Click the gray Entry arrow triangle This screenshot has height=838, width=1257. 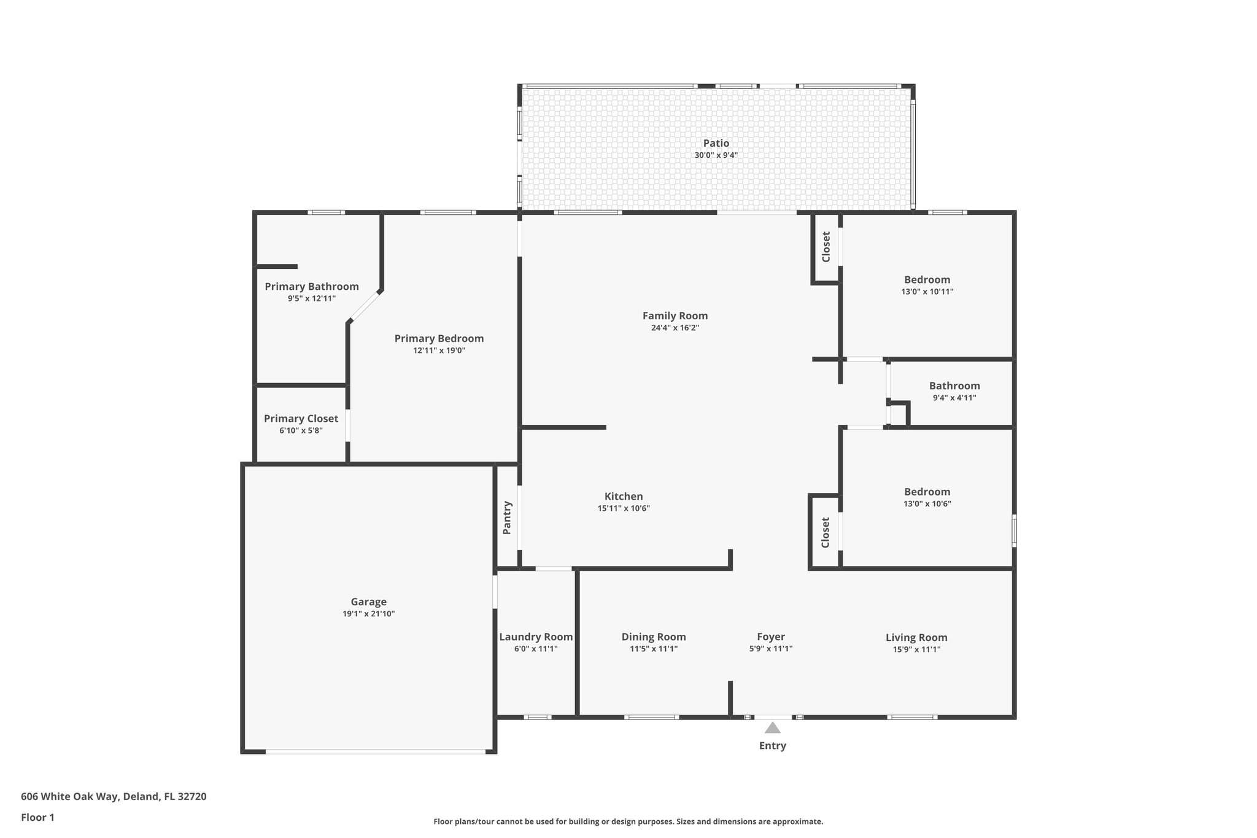[772, 728]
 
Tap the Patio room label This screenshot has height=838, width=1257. [716, 144]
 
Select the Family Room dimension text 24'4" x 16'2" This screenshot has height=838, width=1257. [675, 328]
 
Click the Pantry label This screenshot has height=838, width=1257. [508, 518]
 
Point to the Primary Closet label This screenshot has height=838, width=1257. [301, 419]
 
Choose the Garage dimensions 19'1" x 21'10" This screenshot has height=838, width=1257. [368, 613]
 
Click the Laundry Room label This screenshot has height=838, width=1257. [536, 637]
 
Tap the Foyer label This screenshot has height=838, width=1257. [770, 637]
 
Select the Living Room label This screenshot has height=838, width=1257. [916, 638]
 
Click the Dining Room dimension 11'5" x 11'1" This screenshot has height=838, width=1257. [654, 649]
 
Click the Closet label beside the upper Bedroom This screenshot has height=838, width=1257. [826, 246]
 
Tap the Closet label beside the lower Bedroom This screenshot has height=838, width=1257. [826, 532]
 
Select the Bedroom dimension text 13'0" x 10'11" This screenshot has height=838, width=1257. [927, 292]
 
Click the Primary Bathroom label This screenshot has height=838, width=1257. [312, 287]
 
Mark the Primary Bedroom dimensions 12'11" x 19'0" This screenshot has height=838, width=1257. [439, 351]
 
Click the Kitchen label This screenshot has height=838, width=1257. [624, 497]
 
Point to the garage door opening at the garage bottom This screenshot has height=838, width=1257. [376, 751]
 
